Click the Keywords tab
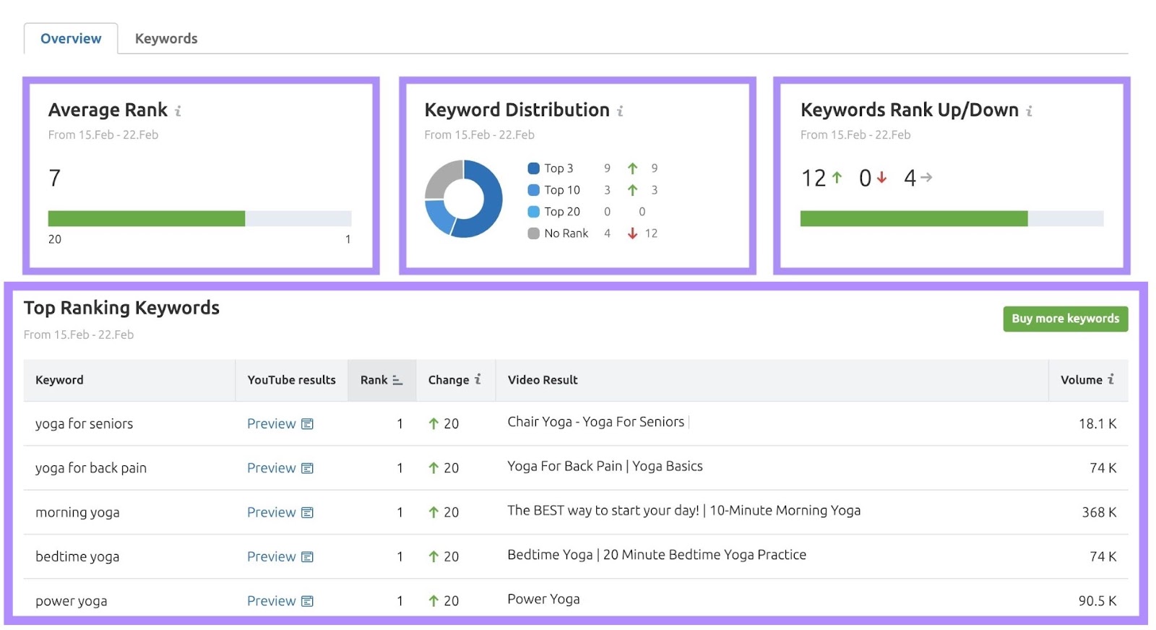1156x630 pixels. [x=165, y=38]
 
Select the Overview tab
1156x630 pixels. [x=71, y=38]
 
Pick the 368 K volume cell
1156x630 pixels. [x=1098, y=512]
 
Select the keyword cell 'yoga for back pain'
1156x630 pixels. [x=91, y=468]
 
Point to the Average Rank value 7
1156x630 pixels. [x=55, y=178]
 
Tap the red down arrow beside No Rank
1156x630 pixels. [x=632, y=233]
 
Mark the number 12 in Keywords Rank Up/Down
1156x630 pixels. [x=814, y=178]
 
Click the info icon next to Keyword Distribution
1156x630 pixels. [x=620, y=111]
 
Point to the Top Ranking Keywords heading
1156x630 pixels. [x=121, y=308]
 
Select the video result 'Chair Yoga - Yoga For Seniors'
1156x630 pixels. [x=595, y=422]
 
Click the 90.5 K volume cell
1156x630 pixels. [x=1097, y=601]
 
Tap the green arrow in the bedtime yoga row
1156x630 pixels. [x=433, y=557]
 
